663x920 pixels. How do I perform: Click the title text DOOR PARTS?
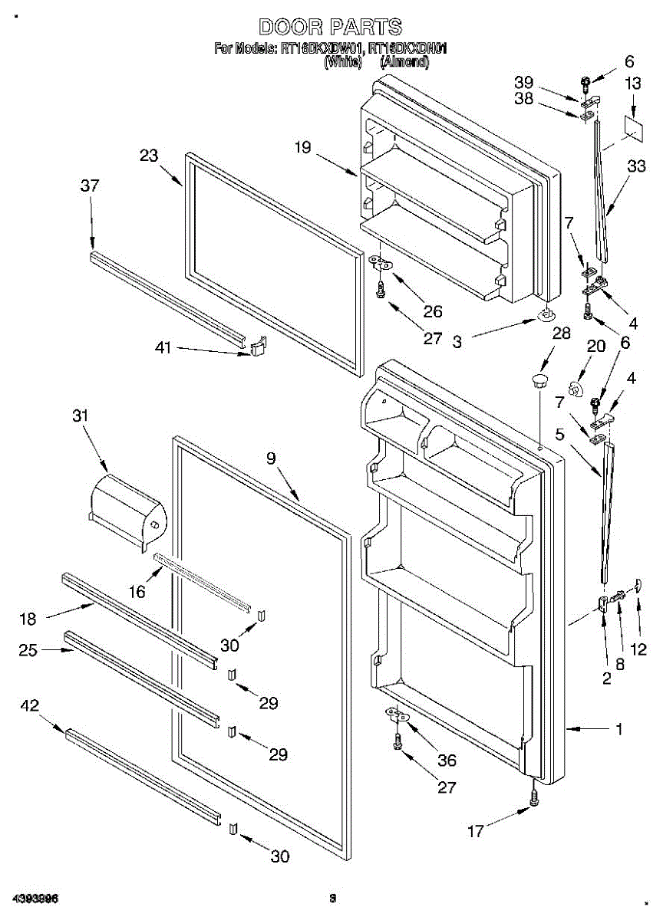click(330, 28)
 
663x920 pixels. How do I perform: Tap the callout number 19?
click(304, 147)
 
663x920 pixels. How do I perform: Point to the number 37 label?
click(90, 186)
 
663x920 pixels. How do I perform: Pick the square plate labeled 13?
click(634, 127)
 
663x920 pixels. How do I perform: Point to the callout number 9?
click(270, 459)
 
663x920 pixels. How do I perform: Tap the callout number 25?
click(28, 652)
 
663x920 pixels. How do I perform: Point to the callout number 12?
click(638, 650)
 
